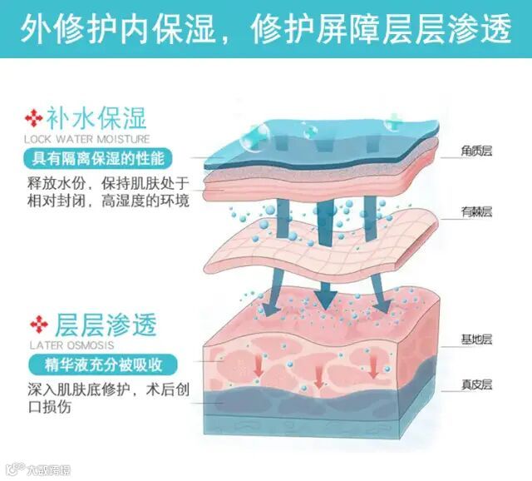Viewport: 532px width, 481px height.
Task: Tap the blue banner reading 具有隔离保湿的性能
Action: [x=94, y=159]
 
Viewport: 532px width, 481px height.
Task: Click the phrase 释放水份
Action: [x=54, y=183]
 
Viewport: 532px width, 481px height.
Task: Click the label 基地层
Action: [x=478, y=340]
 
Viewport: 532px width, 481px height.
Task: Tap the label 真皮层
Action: [x=478, y=384]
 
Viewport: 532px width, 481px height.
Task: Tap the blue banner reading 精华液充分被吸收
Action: [x=94, y=364]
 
